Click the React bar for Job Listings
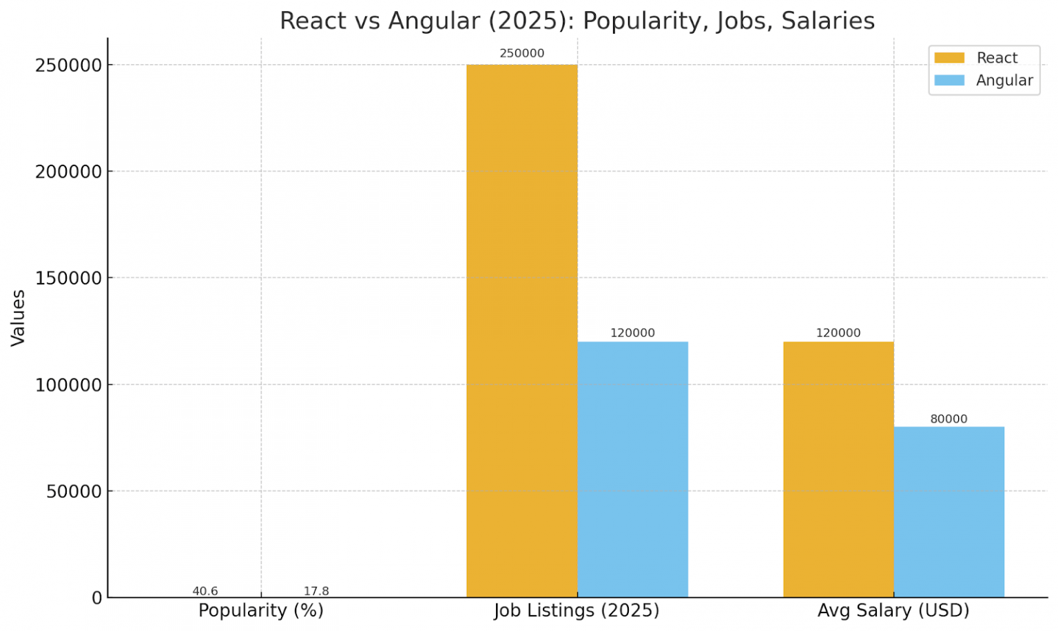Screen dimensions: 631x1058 [x=521, y=331]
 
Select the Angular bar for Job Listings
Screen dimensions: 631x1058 [x=632, y=469]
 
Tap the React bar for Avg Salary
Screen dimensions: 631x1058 [x=838, y=469]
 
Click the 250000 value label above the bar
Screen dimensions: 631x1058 [x=521, y=53]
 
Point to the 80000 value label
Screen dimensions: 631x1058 [x=948, y=419]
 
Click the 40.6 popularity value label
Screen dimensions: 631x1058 [x=205, y=591]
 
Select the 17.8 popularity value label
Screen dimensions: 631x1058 [x=316, y=591]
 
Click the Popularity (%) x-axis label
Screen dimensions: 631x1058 [x=260, y=611]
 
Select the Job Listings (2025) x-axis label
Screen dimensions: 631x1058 [x=577, y=611]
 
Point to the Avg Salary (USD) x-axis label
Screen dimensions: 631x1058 [x=893, y=611]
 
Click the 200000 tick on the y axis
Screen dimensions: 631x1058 [x=68, y=172]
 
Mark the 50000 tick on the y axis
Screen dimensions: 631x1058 [x=74, y=491]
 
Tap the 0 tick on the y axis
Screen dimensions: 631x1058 [x=97, y=598]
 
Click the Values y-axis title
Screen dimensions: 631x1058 [x=18, y=318]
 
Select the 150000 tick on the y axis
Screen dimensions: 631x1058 [x=68, y=278]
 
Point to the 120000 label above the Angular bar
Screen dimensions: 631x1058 [x=632, y=333]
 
